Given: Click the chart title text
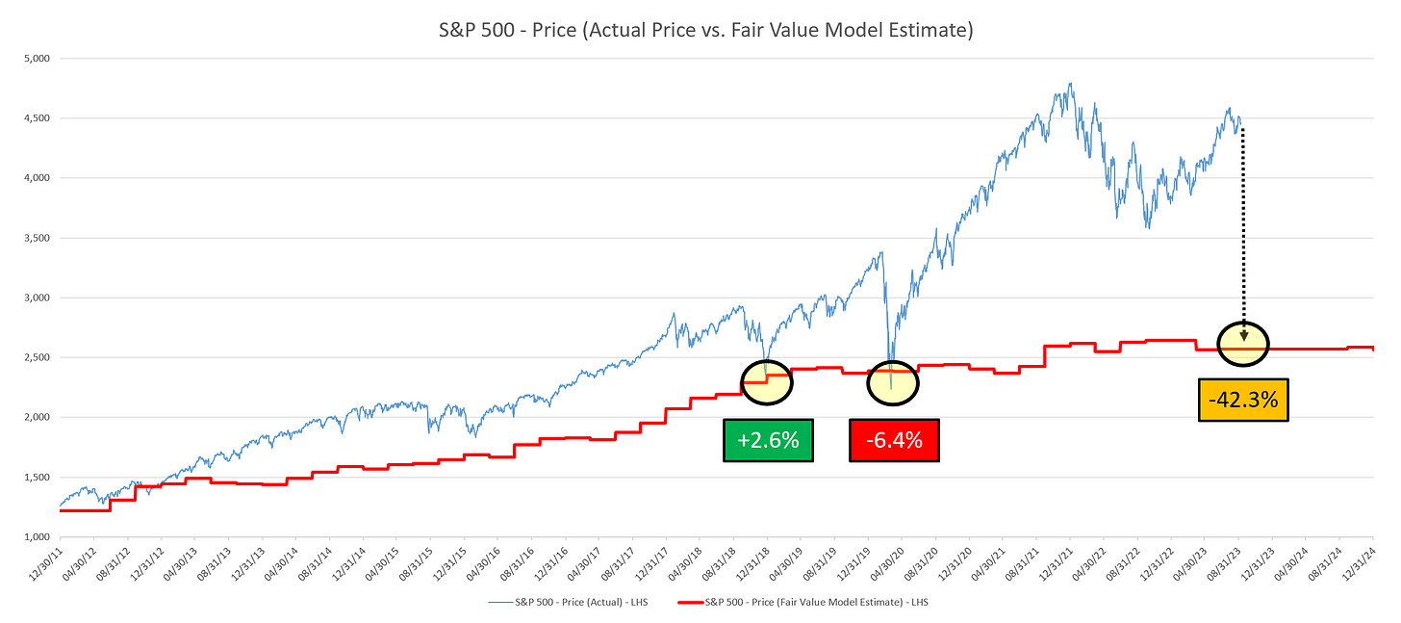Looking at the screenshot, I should (x=700, y=31).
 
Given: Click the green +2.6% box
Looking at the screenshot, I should (x=768, y=440).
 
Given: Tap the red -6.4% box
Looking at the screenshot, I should (x=894, y=440).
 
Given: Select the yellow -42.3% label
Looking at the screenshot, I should (x=1242, y=399).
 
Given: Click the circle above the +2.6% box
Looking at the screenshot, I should (x=766, y=380).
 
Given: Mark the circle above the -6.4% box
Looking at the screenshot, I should (x=893, y=383).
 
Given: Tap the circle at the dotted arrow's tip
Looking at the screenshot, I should (x=1242, y=344).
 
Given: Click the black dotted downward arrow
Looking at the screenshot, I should (x=1242, y=231).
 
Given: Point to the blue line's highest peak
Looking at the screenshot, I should (x=1070, y=84).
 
